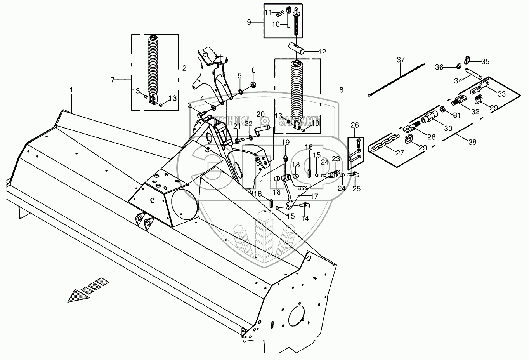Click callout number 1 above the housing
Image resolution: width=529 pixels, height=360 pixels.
click(x=71, y=90)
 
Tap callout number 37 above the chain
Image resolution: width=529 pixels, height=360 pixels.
click(x=401, y=60)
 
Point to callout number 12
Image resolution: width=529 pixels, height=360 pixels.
click(x=322, y=52)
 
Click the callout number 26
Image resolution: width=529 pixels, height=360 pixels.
click(x=355, y=125)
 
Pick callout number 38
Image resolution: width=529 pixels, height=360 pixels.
click(x=472, y=142)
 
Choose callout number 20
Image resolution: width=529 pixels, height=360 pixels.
click(x=260, y=114)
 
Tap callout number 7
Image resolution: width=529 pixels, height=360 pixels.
click(x=113, y=80)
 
